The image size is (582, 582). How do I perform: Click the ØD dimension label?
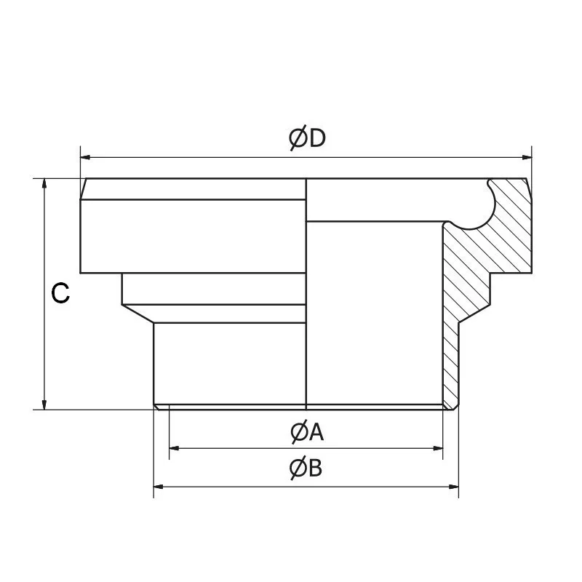306,138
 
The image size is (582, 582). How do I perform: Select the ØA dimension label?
306,433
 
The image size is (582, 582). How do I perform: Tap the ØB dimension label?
306,469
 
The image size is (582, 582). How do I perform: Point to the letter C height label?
60,294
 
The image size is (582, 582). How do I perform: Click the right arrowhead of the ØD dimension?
526,156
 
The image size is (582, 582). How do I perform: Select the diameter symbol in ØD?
297,138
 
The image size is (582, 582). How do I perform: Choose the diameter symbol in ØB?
297,469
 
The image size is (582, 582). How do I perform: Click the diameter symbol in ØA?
297,433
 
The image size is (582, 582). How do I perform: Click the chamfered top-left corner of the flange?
83,188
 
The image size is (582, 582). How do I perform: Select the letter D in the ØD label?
316,138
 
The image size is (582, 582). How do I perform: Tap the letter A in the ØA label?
316,433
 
